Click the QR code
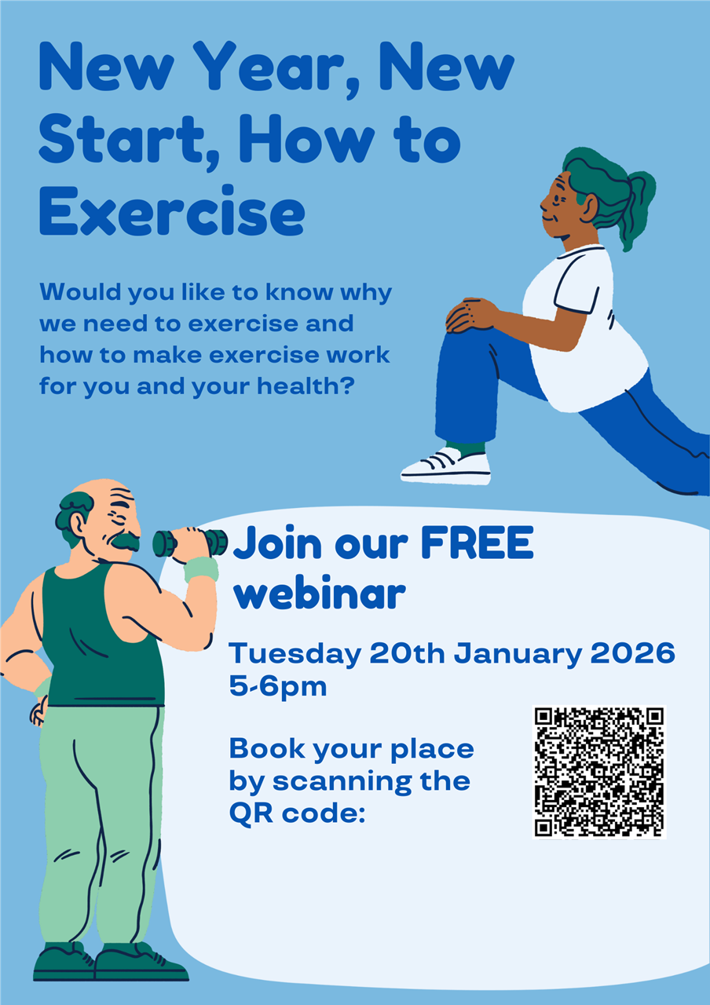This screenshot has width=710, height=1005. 599,773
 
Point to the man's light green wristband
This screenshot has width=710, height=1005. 201,568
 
